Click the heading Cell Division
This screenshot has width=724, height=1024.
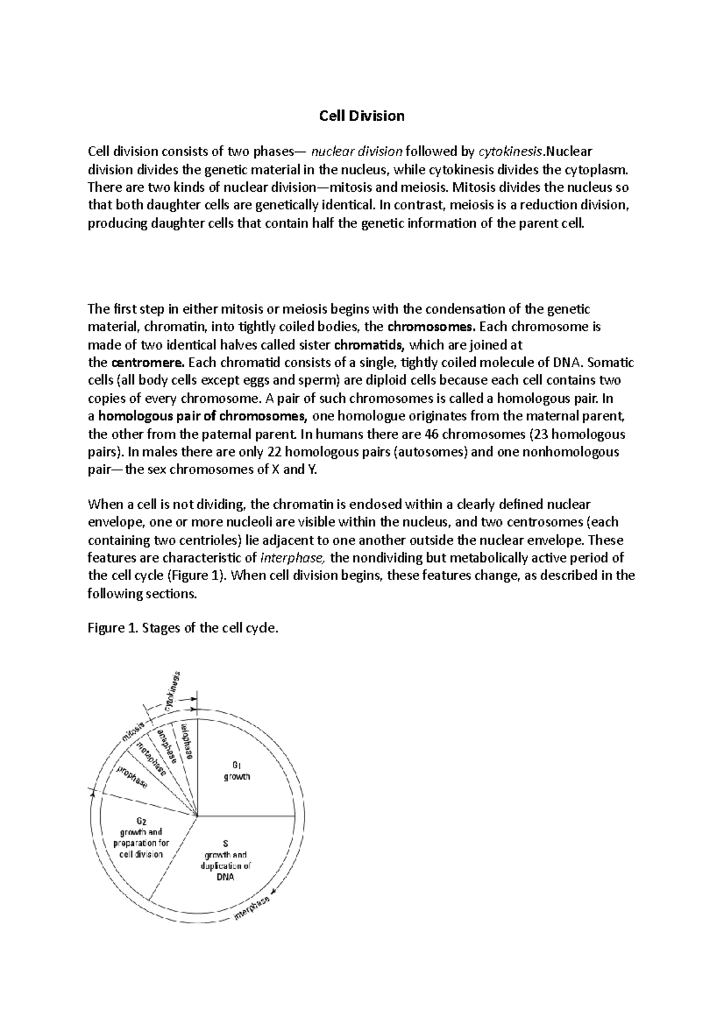pos(361,116)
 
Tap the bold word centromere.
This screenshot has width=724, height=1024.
pos(148,363)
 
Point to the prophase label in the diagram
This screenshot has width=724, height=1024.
pos(133,777)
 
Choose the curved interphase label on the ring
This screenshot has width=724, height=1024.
pos(252,908)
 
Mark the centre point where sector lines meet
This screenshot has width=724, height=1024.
pos(198,817)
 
